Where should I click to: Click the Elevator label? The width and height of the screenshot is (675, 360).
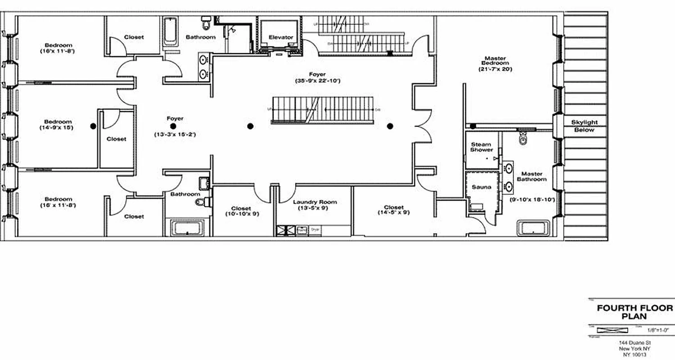click(281, 37)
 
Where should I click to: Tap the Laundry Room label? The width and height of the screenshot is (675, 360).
click(315, 202)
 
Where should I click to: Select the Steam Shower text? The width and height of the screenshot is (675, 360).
click(481, 147)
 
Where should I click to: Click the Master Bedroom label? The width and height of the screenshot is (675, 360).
click(495, 61)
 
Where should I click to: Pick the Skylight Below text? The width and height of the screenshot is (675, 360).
click(585, 126)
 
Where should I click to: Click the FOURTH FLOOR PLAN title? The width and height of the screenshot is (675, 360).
click(634, 312)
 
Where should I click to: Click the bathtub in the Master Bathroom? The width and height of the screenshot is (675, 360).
click(533, 228)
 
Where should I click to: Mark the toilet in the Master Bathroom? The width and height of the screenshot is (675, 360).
click(522, 140)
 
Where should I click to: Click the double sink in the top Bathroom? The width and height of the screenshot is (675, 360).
click(204, 66)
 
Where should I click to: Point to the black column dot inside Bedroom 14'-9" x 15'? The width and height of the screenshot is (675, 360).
click(93, 126)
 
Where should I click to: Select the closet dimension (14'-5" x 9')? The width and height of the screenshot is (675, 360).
click(394, 213)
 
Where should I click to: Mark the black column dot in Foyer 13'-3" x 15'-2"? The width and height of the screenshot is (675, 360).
click(173, 126)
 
